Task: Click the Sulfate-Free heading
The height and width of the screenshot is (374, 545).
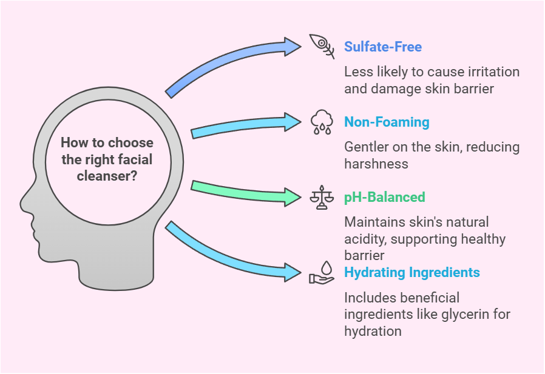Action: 382,47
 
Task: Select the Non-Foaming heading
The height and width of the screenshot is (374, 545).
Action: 387,122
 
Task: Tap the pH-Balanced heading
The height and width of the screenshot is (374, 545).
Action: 384,197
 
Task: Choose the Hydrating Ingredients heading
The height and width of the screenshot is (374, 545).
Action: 412,272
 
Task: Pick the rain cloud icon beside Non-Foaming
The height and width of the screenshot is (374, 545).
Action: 322,122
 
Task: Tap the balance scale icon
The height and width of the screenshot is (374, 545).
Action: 322,197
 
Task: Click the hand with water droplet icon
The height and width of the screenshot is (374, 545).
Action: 322,272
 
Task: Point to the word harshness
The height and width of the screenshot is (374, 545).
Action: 376,164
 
